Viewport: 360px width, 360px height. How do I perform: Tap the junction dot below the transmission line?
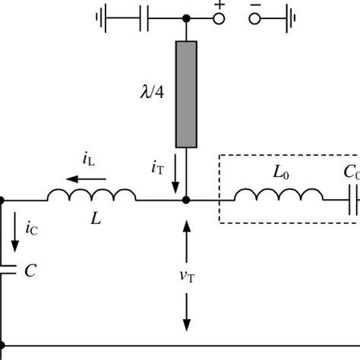[187, 201]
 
